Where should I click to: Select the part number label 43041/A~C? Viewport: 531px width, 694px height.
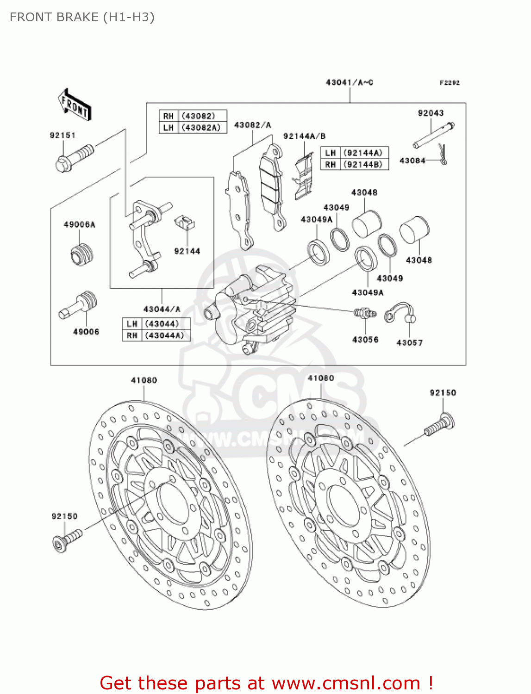350,82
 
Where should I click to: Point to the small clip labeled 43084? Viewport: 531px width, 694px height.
443,154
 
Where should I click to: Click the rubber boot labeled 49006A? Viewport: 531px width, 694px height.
82,254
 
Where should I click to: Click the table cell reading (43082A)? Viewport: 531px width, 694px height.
201,128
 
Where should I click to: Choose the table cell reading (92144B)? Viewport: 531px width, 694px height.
363,164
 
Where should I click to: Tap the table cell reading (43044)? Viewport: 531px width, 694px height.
162,324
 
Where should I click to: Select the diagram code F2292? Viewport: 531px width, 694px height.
450,83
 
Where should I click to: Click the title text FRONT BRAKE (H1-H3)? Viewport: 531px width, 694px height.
82,17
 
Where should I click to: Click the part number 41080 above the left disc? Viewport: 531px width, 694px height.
144,380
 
